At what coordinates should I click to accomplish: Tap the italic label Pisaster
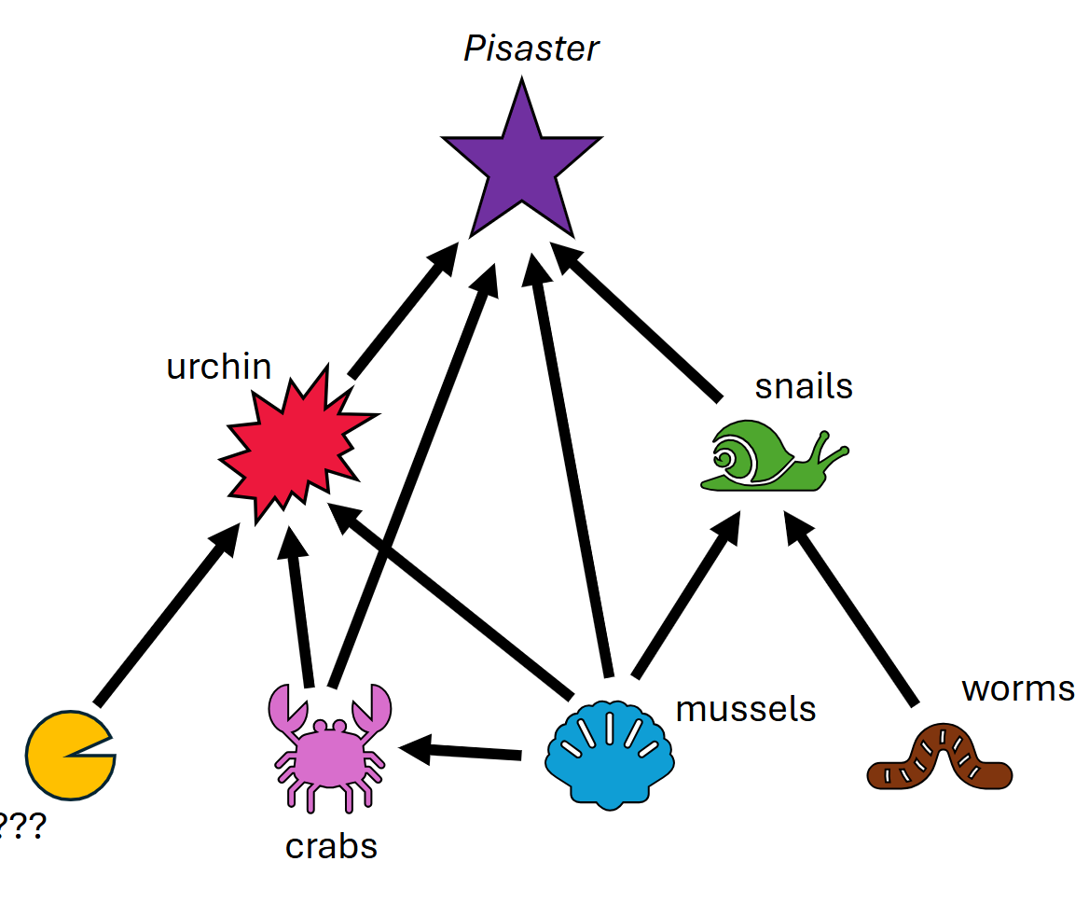531,49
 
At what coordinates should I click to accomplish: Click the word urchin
218,367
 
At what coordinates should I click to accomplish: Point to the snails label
803,385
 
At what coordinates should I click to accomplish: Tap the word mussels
745,709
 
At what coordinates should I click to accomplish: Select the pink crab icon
330,746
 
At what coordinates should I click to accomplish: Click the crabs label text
331,846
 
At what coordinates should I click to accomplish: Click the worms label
1017,688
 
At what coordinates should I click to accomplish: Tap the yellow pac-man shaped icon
65,756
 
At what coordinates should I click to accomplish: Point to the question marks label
21,826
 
